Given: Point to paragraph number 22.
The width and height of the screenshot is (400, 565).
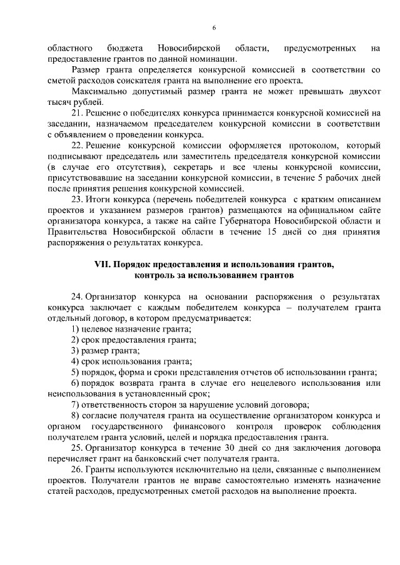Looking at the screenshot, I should pyautogui.click(x=76, y=145).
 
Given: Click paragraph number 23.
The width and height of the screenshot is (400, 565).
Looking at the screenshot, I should pyautogui.click(x=76, y=199).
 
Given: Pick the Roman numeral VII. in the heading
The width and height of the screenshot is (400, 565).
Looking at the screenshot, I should pyautogui.click(x=102, y=265).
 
